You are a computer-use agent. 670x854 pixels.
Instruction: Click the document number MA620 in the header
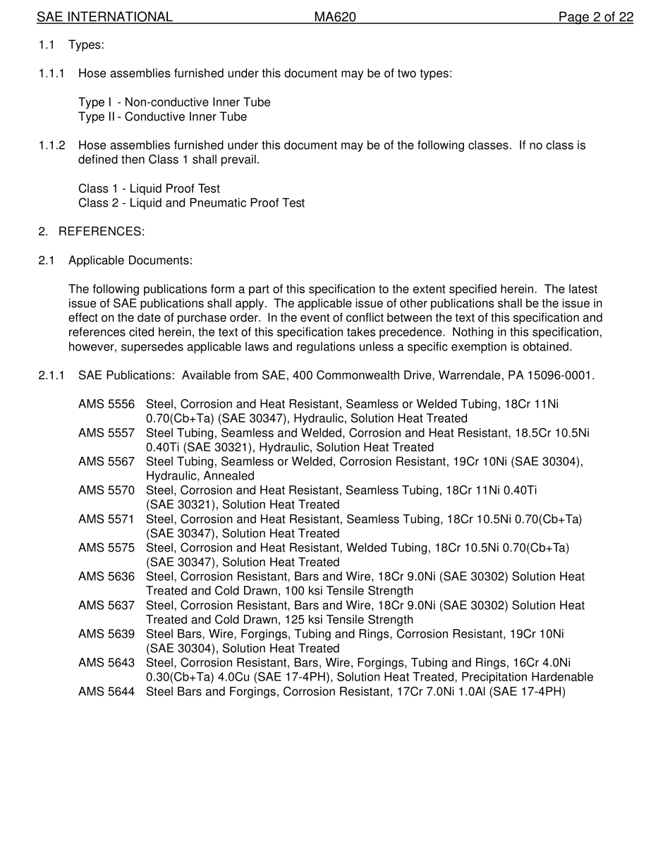point(335,17)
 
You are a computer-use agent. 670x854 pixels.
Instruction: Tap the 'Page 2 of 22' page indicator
point(595,17)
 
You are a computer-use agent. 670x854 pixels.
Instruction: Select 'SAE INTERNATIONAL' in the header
point(104,17)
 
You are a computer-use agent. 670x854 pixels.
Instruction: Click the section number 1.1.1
point(51,73)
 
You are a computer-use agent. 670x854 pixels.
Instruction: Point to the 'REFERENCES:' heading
point(102,231)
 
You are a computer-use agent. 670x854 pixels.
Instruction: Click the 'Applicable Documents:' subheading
point(130,260)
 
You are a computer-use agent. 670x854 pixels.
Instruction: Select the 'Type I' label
point(95,102)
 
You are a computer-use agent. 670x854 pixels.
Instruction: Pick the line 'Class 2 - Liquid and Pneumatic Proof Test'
point(191,203)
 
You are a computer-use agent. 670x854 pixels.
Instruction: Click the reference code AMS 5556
point(106,404)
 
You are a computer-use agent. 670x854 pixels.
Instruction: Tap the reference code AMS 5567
point(106,462)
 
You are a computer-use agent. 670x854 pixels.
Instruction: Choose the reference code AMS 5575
point(106,548)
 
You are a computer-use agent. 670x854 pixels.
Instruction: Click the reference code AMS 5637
point(106,606)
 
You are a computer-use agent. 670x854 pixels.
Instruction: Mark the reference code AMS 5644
point(106,692)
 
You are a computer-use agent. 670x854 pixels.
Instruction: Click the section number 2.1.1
point(51,375)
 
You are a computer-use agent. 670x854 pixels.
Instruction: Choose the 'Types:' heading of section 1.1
point(86,45)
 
